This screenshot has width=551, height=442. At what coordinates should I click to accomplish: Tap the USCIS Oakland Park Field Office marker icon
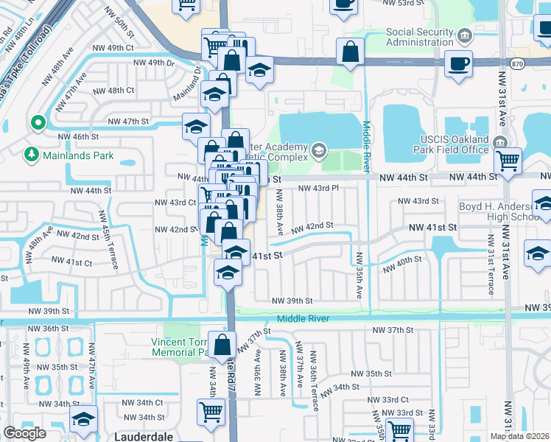(501, 141)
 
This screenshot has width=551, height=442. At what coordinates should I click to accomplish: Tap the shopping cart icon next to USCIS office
(508, 160)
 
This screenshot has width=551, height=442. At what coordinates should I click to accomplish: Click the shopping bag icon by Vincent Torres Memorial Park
(222, 344)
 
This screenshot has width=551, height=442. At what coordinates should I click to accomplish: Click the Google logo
(25, 433)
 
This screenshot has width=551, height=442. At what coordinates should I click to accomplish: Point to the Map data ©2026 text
(519, 436)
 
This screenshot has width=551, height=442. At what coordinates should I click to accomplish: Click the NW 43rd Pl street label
(317, 188)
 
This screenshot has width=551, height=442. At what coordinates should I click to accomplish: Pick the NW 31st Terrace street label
(489, 255)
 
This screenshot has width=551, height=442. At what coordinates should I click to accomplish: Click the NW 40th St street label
(401, 264)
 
